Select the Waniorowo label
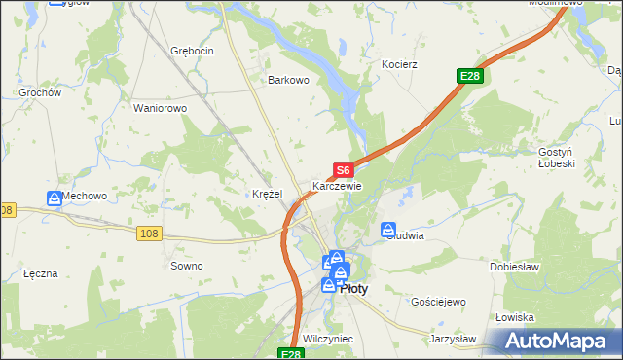tap(160, 108)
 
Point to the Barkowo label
tap(288, 81)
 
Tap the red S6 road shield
tap(343, 170)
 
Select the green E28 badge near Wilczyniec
tap(291, 354)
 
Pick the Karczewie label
tap(337, 186)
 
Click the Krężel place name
tap(267, 194)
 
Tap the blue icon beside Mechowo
tap(55, 198)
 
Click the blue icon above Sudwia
tap(389, 230)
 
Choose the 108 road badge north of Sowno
tap(148, 234)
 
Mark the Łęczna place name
tap(42, 274)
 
